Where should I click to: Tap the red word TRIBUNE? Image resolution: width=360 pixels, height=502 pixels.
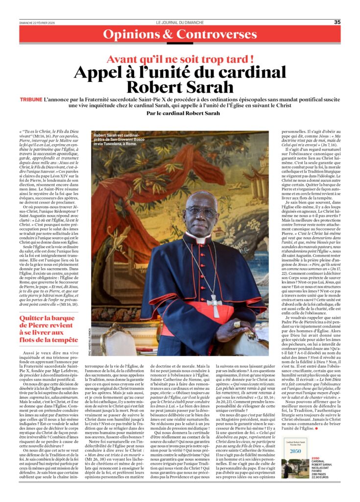[31, 99]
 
